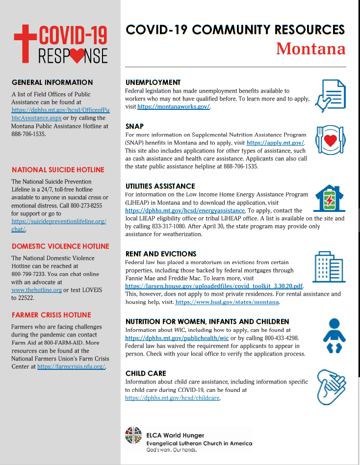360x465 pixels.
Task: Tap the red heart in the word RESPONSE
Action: pos(77,55)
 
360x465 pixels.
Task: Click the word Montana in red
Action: pos(310,49)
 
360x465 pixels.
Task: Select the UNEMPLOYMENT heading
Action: pos(153,82)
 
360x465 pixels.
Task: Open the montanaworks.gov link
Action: pos(174,106)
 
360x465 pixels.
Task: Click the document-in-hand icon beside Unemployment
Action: pos(330,96)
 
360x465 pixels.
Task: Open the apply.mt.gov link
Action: pos(276,142)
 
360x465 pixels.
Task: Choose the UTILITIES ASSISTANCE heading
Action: pos(160,186)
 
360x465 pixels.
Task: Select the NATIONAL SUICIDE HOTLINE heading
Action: pos(58,170)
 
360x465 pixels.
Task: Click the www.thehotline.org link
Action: pos(37,290)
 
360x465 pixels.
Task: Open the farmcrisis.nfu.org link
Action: pos(71,366)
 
